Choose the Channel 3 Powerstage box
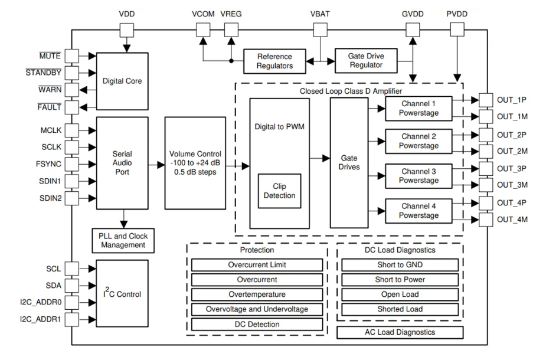click(418, 175)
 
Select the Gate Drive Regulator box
click(366, 60)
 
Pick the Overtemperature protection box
click(257, 294)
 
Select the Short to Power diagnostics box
click(400, 279)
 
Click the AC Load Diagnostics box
click(400, 332)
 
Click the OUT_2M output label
click(511, 151)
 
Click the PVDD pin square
click(458, 29)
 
